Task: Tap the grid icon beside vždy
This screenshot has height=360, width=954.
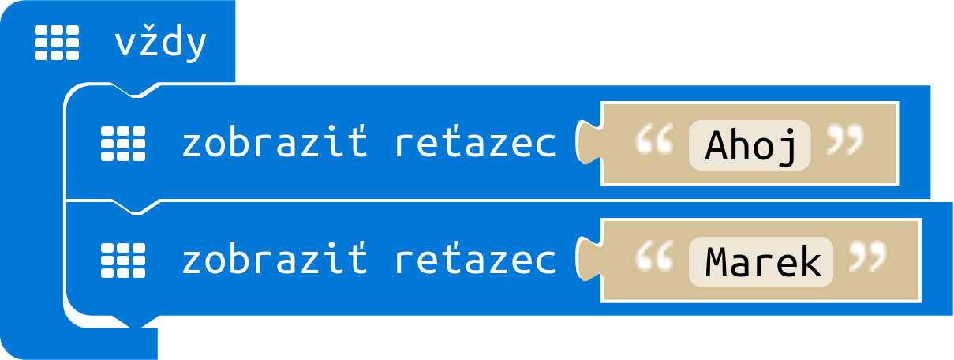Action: pyautogui.click(x=57, y=43)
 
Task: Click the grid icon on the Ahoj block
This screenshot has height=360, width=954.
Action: pyautogui.click(x=123, y=144)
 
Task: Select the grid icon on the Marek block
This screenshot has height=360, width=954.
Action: pyautogui.click(x=123, y=261)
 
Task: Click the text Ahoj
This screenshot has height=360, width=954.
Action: pyautogui.click(x=750, y=145)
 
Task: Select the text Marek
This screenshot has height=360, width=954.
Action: pyautogui.click(x=761, y=262)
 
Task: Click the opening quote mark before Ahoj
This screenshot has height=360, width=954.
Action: pyautogui.click(x=654, y=142)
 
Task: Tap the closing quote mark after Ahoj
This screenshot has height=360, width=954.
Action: pyautogui.click(x=845, y=142)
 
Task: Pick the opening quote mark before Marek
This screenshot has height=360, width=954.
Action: pyautogui.click(x=654, y=259)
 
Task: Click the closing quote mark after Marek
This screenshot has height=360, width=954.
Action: pyautogui.click(x=868, y=259)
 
